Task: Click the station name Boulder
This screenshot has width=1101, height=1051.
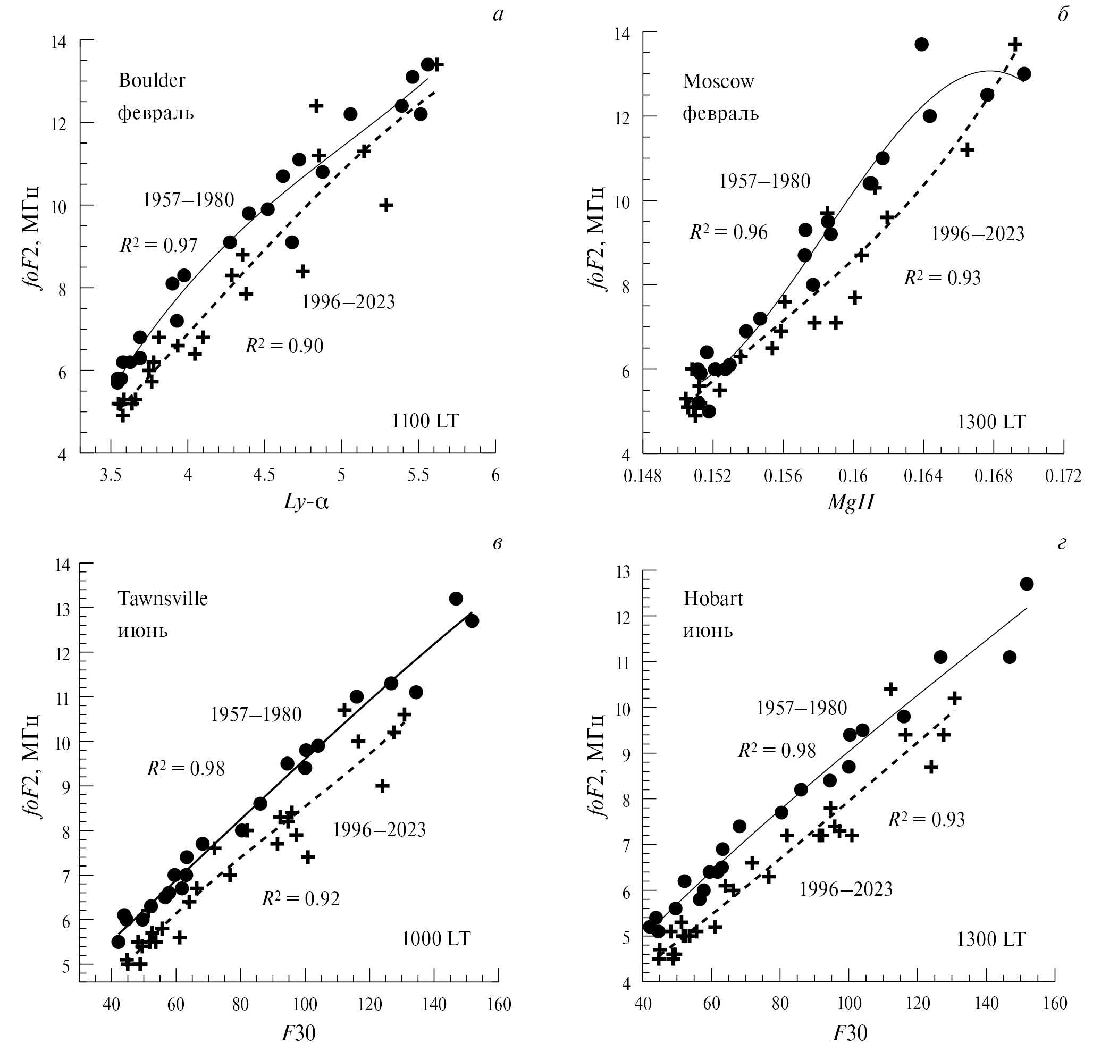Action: point(152,80)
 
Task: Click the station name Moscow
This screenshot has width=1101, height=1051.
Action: point(718,82)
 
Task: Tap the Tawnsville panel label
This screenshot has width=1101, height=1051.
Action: point(163,598)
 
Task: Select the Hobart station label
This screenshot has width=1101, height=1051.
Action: point(713,598)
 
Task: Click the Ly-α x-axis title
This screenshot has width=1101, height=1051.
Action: point(306,502)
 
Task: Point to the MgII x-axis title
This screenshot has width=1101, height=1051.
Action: point(851,502)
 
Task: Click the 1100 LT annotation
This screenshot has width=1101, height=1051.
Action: point(425,421)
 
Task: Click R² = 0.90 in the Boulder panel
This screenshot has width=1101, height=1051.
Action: point(284,346)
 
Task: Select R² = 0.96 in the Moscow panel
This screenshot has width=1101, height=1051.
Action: point(728,231)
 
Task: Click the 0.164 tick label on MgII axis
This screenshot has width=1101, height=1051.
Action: point(922,476)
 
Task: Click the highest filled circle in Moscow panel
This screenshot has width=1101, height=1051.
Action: point(921,44)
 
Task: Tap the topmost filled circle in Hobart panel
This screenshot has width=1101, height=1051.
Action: point(1027,584)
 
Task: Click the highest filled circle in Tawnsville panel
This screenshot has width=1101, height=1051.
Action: point(456,598)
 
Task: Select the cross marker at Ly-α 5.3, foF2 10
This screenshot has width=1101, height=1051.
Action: point(386,205)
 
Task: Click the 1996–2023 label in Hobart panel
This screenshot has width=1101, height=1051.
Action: point(845,888)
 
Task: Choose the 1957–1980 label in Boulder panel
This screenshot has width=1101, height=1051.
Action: point(188,199)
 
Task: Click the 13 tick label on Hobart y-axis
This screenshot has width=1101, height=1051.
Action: point(623,572)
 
